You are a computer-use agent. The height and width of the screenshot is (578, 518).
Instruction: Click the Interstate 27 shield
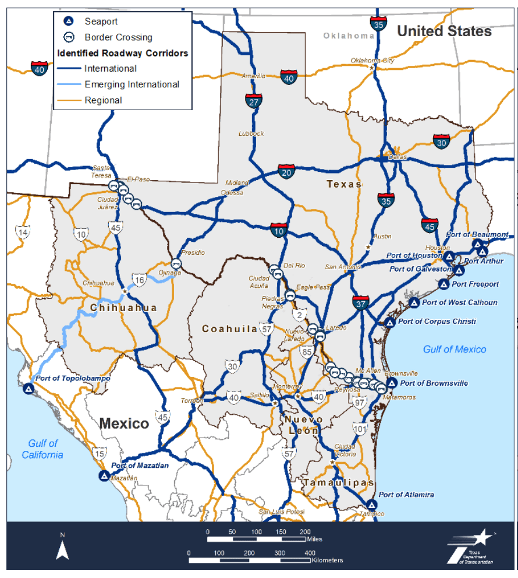(253, 101)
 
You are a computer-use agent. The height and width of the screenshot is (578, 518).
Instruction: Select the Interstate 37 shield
(361, 302)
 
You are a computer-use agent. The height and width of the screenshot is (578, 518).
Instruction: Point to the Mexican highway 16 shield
(139, 280)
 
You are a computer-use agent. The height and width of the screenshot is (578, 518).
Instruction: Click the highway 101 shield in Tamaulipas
(360, 430)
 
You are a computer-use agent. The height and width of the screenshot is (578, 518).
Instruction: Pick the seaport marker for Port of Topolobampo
(27, 389)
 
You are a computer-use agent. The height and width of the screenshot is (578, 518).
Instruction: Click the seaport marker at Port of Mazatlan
(104, 476)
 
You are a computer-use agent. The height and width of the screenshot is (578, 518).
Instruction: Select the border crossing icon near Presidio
(178, 263)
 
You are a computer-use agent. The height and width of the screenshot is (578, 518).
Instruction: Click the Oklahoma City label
(372, 60)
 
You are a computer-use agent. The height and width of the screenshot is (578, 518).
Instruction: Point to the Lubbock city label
(251, 133)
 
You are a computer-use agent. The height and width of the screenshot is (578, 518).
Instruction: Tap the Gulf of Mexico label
(455, 349)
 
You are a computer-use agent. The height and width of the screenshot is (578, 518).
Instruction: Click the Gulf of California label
(42, 449)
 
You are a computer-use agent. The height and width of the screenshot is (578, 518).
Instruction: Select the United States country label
(444, 31)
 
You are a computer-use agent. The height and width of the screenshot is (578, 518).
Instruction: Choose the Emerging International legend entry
(132, 84)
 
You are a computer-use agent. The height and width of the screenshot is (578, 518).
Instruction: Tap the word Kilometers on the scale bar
(327, 560)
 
